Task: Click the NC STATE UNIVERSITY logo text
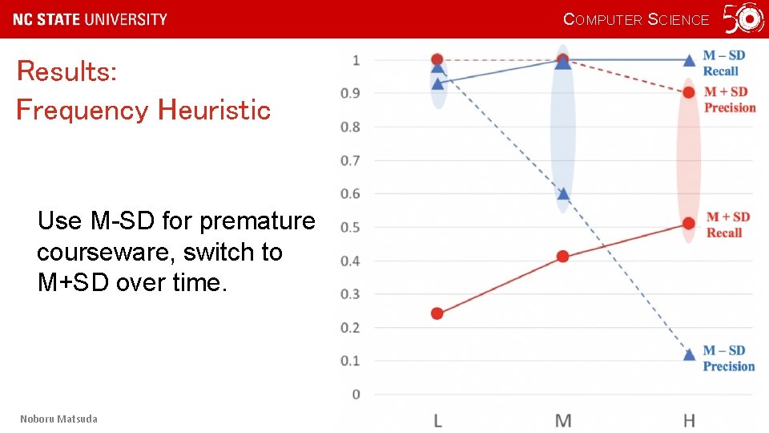(91, 19)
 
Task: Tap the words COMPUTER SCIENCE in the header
(636, 19)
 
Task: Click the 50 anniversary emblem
(743, 18)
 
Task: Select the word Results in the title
(66, 71)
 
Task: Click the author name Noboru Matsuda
(58, 419)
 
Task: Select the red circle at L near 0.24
(437, 314)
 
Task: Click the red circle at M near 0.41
(562, 257)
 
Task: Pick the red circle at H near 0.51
(689, 223)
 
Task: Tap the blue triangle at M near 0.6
(563, 193)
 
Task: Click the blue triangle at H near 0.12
(689, 354)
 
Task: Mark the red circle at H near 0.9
(689, 92)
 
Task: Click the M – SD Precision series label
(728, 358)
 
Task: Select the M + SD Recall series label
(727, 225)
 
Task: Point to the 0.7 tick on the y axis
(350, 160)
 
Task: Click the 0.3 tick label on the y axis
(350, 294)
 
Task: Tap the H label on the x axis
(689, 420)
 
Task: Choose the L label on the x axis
(437, 420)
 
